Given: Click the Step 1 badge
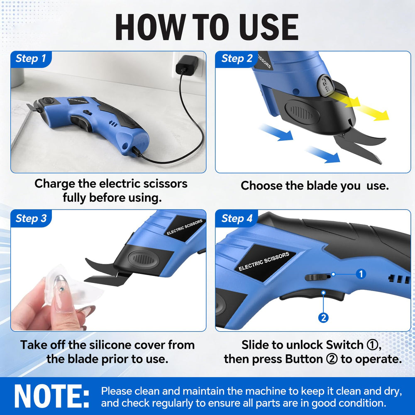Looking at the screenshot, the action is click(x=31, y=59).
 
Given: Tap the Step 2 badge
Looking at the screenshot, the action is click(x=237, y=59).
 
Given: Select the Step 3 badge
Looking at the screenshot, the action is click(x=31, y=218).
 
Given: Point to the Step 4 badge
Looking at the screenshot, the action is click(x=237, y=218).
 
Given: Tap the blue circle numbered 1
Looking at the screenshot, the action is click(x=361, y=274).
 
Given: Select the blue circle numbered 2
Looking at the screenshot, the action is click(x=323, y=317).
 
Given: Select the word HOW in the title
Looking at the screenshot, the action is click(x=150, y=27).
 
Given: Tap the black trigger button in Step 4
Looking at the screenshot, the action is click(x=312, y=295).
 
